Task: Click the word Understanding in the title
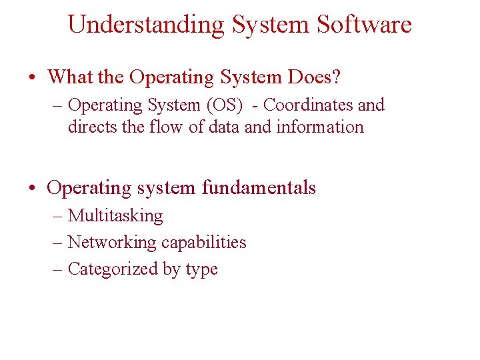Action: click(x=146, y=25)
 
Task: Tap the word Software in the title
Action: click(x=365, y=25)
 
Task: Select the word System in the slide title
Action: click(x=271, y=25)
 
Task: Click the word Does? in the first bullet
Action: click(x=315, y=77)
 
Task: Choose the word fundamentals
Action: click(x=259, y=188)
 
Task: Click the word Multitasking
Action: click(x=115, y=216)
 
